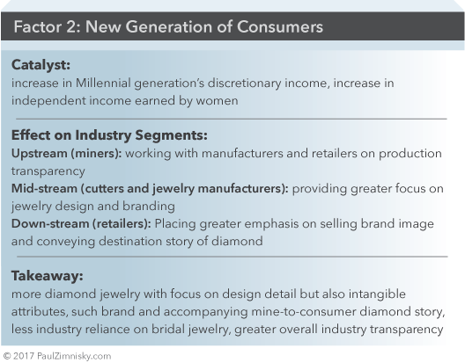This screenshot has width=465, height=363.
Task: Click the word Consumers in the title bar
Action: click(x=280, y=26)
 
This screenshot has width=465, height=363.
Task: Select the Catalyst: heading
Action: click(x=41, y=65)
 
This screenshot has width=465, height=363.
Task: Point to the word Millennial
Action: click(x=103, y=83)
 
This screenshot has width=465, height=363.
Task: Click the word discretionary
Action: click(x=244, y=83)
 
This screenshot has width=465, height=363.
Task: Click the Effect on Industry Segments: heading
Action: click(x=109, y=135)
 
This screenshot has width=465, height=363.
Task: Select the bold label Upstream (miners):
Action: click(x=66, y=154)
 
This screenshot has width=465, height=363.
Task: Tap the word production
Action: click(x=410, y=154)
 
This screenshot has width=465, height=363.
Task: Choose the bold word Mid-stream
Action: click(x=44, y=189)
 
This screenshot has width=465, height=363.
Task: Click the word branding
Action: click(x=149, y=207)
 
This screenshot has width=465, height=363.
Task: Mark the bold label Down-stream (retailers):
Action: click(x=81, y=224)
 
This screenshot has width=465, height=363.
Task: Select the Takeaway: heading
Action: click(x=48, y=276)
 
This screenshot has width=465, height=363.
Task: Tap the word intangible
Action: click(x=377, y=294)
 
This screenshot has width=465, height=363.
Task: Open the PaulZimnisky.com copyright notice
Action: click(x=57, y=356)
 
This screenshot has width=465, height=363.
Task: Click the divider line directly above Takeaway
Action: click(x=232, y=257)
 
